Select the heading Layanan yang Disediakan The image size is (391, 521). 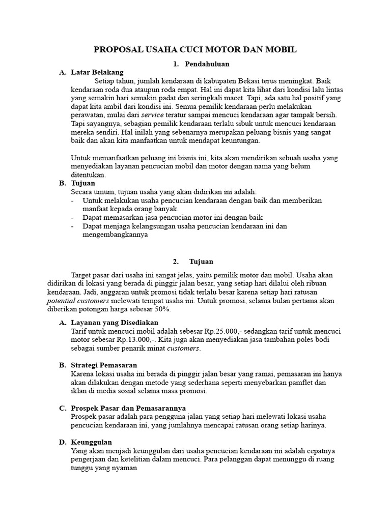pos(115,323)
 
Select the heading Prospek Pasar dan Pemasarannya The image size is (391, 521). pos(128,408)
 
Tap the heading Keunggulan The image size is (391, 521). pos(92,442)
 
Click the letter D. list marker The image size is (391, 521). pos(63,442)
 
